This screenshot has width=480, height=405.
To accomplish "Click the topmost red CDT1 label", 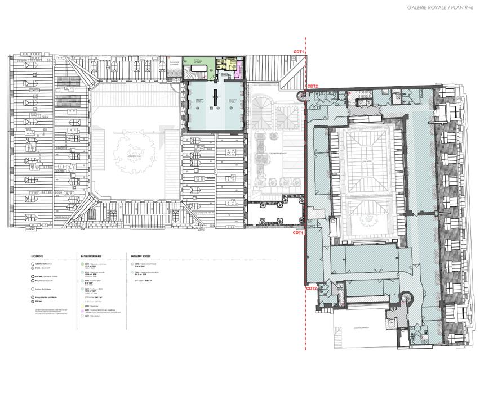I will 299,52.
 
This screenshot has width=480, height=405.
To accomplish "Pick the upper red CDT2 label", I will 312,86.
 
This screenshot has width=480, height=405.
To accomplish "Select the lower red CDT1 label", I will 298,232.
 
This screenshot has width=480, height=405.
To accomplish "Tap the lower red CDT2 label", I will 312,289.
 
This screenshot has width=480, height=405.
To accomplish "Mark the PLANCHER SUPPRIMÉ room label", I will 175,65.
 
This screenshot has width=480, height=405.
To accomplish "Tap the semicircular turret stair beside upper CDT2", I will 304,95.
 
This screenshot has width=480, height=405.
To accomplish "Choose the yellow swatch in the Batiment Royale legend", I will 83,306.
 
